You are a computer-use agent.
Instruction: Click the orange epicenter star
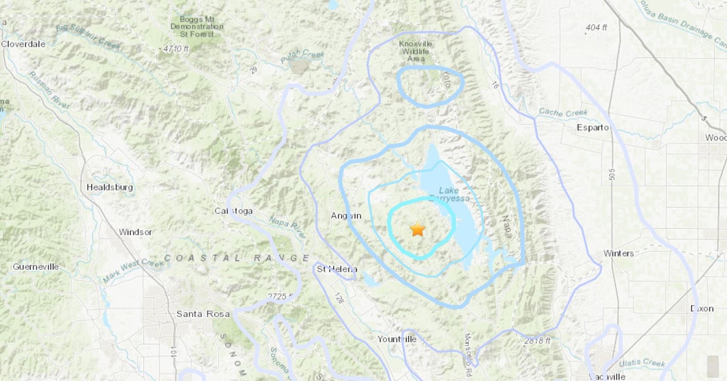(417, 229)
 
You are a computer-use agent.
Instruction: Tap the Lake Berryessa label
(449, 194)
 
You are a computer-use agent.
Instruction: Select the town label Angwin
(346, 216)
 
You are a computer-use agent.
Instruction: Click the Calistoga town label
(234, 211)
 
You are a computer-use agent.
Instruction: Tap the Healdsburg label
(110, 187)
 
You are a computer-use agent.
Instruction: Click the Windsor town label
(136, 232)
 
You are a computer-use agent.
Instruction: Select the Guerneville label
(36, 267)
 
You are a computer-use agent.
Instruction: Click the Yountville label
(397, 339)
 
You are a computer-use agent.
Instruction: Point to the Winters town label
(619, 253)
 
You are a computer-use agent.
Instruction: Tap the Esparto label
(593, 128)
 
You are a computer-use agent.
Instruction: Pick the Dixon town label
(702, 308)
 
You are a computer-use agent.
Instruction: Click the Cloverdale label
(24, 44)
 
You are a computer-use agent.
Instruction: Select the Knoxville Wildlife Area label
(414, 51)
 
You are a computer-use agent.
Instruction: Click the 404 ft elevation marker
(596, 28)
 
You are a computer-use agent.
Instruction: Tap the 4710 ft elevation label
(176, 48)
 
